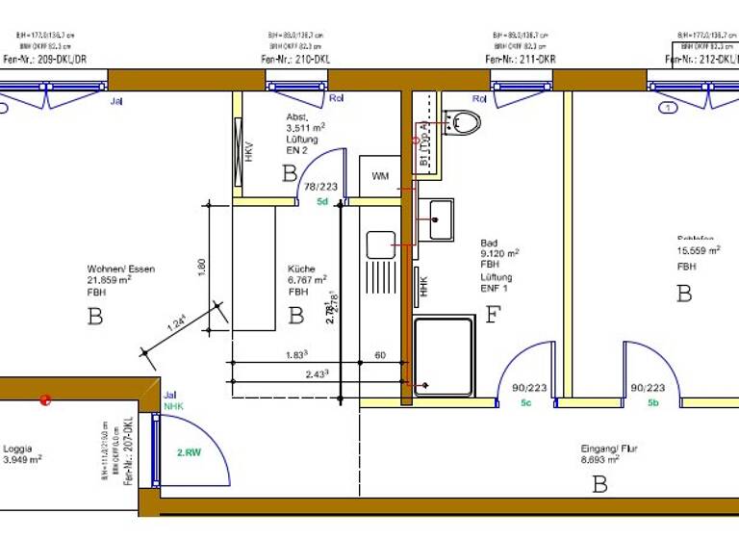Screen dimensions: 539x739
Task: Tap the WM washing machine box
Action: click(380, 176)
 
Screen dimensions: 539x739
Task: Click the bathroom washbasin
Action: click(442, 218)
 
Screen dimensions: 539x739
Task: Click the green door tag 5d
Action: click(322, 202)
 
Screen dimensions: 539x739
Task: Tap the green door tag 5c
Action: click(526, 402)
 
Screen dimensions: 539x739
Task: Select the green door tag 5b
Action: click(653, 402)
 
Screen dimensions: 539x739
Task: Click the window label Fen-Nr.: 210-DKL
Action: click(295, 59)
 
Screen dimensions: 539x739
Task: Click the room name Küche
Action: click(301, 269)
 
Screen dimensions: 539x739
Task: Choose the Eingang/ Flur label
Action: click(609, 449)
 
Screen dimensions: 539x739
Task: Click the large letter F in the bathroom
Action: click(493, 314)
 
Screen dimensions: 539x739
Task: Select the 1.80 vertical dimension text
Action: click(202, 267)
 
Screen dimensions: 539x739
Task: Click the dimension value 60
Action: click(380, 356)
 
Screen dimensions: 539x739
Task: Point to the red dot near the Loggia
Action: click(44, 399)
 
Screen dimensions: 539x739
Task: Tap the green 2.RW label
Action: click(188, 450)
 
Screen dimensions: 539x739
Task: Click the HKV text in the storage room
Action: click(248, 151)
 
